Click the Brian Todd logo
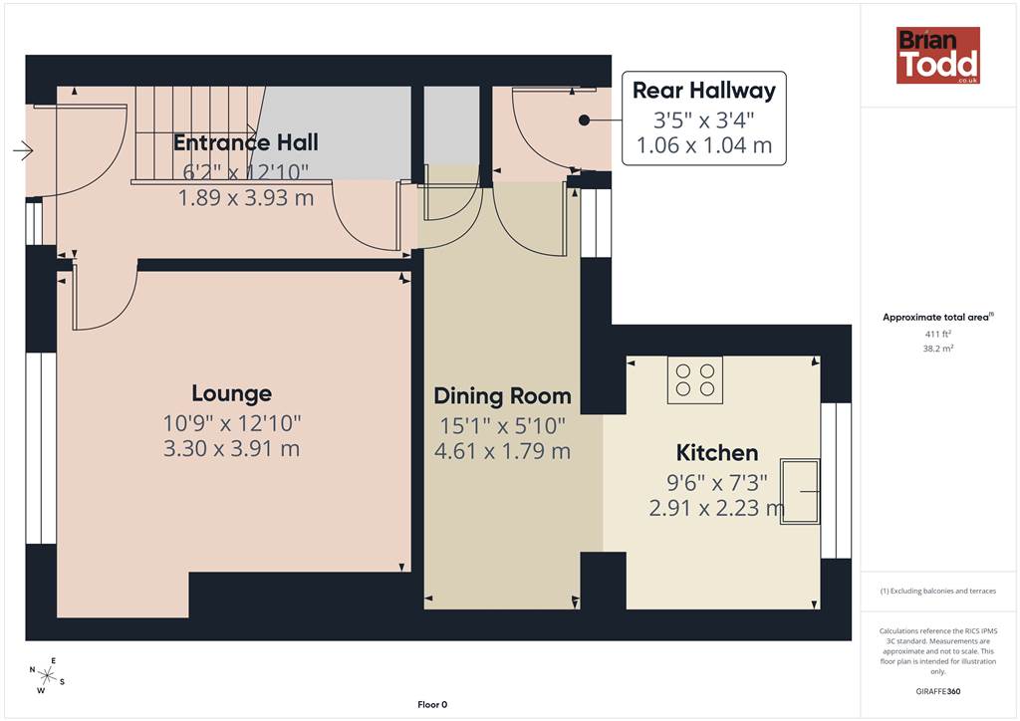point(938,55)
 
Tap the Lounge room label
point(231,393)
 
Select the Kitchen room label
point(717,452)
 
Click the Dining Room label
point(502,396)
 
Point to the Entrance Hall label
point(246,142)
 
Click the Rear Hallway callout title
point(704,91)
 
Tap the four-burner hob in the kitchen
point(694,379)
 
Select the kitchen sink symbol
point(800,492)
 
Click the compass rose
point(47,675)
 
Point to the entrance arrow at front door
point(23,150)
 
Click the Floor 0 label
point(432,704)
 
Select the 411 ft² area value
point(938,335)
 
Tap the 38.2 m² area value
point(938,349)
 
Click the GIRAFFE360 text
point(938,691)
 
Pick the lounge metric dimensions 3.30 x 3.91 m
point(231,448)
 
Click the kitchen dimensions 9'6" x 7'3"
point(717,482)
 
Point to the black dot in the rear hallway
point(584,120)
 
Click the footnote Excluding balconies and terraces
point(938,591)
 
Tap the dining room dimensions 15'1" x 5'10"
point(502,426)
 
